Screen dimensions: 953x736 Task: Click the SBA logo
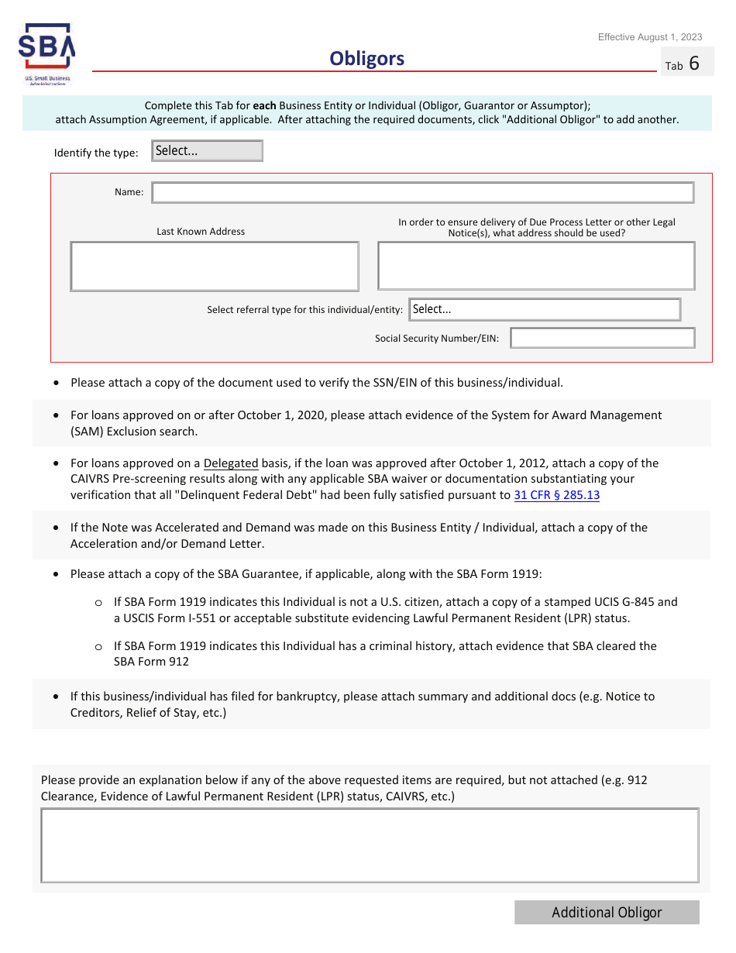[x=46, y=55]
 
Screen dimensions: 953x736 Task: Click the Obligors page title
[x=366, y=59]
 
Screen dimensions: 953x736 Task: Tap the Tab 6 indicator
[x=683, y=64]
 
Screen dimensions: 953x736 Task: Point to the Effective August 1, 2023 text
[x=650, y=37]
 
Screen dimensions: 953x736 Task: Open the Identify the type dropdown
[x=208, y=151]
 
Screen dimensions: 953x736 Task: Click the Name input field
[x=422, y=193]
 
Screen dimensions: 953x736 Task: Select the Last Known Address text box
[x=215, y=267]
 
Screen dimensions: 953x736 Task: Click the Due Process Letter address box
[x=536, y=266]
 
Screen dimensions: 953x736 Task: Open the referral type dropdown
[x=545, y=309]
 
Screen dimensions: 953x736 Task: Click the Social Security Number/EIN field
[x=602, y=339]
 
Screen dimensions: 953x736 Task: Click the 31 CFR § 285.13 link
[x=556, y=495]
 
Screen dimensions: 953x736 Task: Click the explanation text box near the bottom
[x=370, y=845]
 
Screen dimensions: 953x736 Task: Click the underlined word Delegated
[x=231, y=463]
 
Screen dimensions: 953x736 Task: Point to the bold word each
[x=264, y=106]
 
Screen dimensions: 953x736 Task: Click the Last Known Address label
[x=201, y=232]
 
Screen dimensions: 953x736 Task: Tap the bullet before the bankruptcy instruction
[x=57, y=697]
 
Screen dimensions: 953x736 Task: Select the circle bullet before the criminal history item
[x=98, y=647]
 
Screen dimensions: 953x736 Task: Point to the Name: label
[x=129, y=193]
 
